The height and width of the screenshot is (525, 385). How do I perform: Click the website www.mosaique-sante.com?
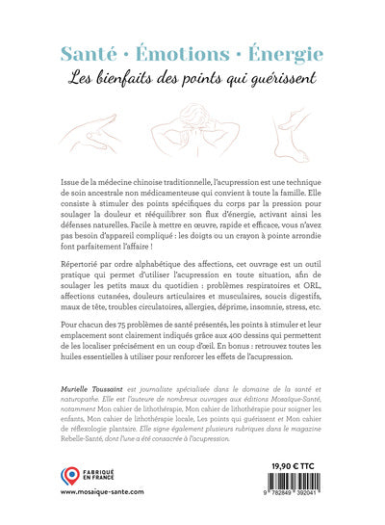coord(103,516)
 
